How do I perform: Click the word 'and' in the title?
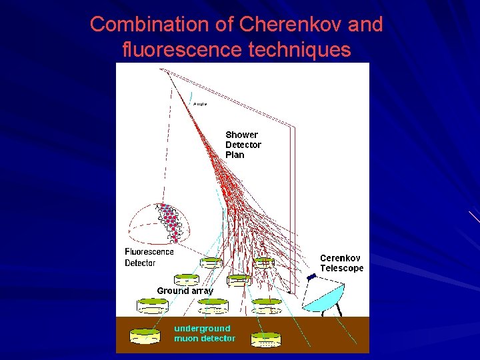[x=367, y=25]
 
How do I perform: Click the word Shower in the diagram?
[x=241, y=135]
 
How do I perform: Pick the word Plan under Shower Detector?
[x=235, y=155]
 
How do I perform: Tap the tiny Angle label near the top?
[x=199, y=104]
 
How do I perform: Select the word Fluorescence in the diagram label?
[x=149, y=251]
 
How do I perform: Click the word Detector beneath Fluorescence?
[x=140, y=263]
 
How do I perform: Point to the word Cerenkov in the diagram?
[x=340, y=258]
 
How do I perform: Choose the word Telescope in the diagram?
[x=342, y=268]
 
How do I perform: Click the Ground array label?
[x=185, y=291]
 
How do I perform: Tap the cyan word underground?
[x=202, y=328]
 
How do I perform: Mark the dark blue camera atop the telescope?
[x=311, y=276]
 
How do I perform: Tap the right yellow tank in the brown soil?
[x=265, y=339]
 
